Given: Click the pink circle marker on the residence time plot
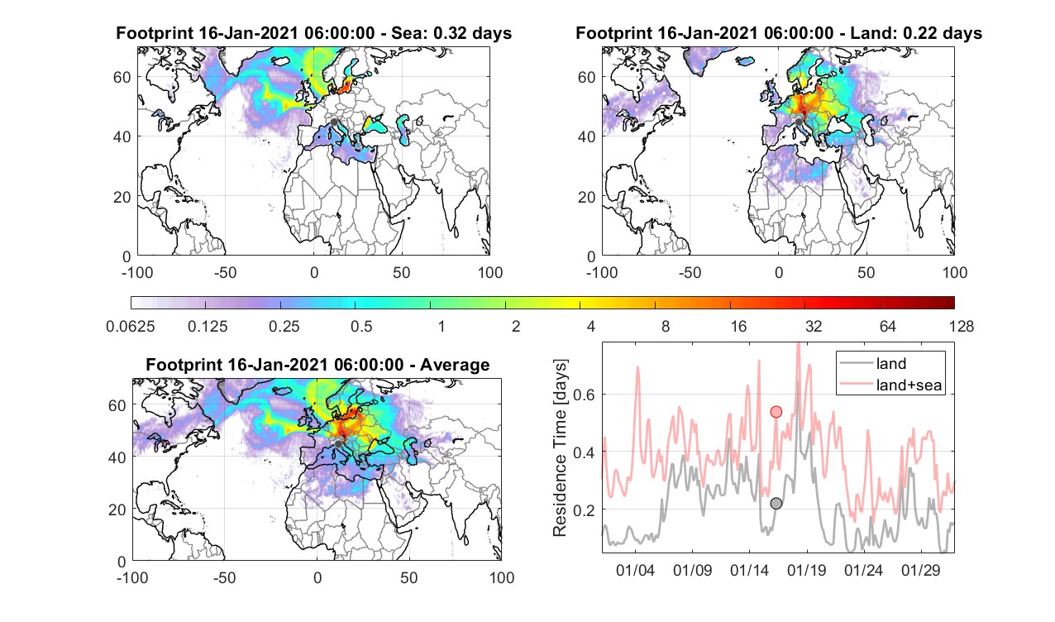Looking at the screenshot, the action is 776,412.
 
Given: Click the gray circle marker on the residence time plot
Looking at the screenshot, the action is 776,503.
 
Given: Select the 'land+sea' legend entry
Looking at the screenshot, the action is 891,385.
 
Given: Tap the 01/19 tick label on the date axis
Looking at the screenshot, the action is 807,570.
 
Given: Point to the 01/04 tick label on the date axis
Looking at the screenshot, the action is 636,570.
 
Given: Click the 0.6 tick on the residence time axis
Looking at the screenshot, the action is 584,395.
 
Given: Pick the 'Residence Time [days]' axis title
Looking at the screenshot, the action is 560,448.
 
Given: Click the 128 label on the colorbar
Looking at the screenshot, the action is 961,326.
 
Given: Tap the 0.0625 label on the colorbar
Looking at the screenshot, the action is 131,326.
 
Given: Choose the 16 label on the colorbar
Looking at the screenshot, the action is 738,326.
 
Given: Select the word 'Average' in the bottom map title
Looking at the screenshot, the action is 455,365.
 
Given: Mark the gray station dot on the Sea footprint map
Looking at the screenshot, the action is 334,122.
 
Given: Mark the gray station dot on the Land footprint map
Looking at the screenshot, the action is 799,122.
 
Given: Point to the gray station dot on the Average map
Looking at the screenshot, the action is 338,444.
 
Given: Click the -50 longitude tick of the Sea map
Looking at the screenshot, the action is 225,272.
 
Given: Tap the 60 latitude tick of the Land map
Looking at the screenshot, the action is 587,77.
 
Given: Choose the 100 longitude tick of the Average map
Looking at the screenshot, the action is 502,577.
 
